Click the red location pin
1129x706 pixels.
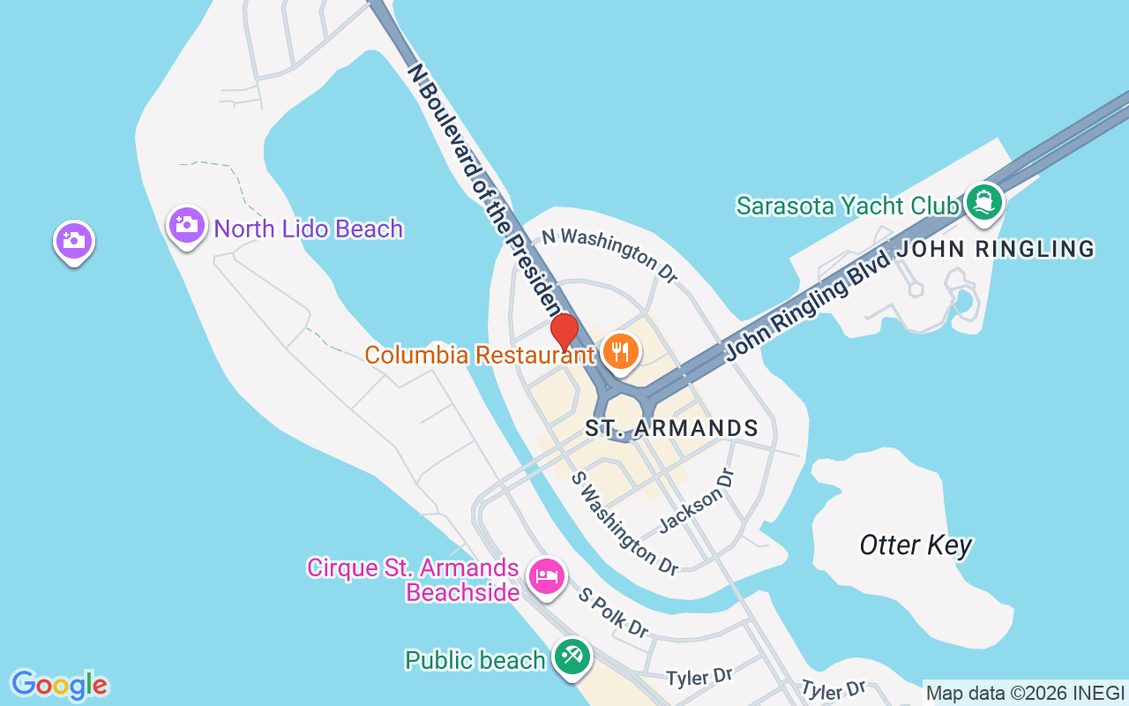[564, 332]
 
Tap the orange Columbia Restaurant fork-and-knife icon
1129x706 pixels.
[622, 351]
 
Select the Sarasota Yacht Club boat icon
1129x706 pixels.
[983, 202]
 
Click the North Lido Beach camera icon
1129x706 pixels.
[187, 226]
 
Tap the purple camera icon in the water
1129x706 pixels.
[74, 241]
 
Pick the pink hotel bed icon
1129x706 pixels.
[547, 577]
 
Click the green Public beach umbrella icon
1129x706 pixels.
[572, 657]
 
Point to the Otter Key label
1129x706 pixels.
[916, 545]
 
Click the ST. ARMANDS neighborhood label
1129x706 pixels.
[672, 429]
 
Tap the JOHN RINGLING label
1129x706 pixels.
[996, 250]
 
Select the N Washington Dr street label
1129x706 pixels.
[609, 254]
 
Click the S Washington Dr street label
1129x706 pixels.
[625, 523]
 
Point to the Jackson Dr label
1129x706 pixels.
[697, 500]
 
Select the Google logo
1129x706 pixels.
[60, 685]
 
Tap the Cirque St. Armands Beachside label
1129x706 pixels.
[413, 579]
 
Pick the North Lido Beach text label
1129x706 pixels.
[309, 229]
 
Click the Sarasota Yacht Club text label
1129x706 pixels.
[848, 206]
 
